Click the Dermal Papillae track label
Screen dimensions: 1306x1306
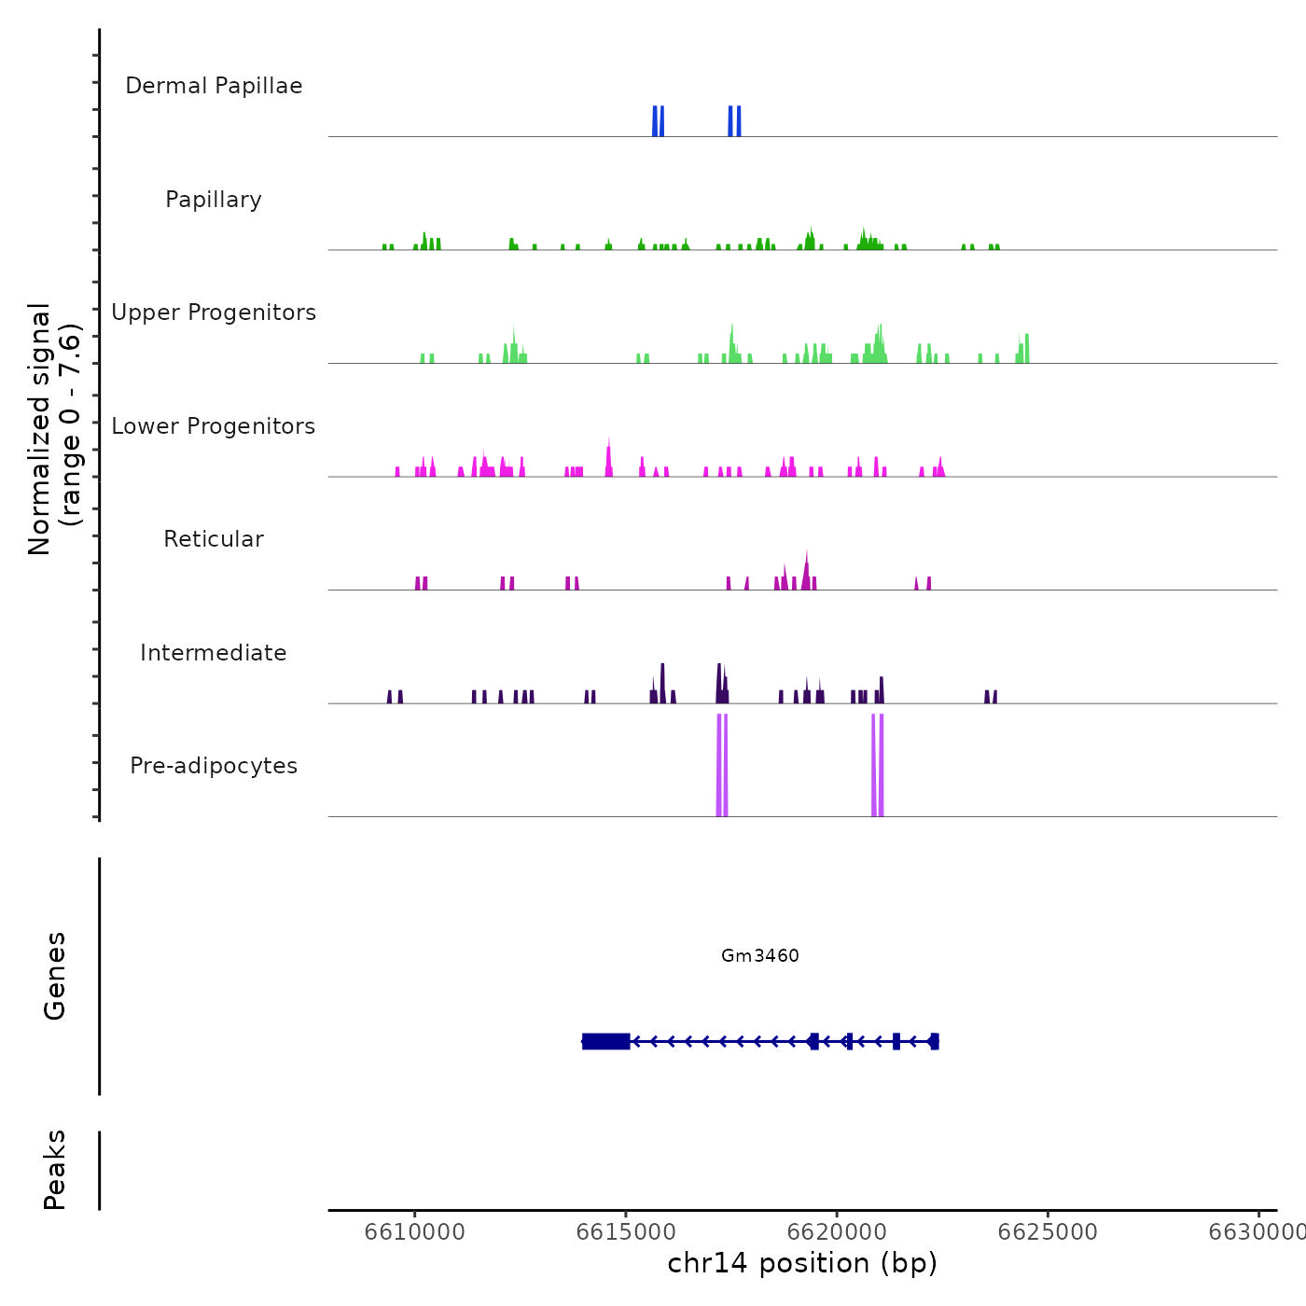pos(214,86)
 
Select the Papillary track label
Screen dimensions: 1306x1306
pos(214,200)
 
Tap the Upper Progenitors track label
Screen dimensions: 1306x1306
pos(214,313)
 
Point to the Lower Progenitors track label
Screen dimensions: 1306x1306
pos(214,426)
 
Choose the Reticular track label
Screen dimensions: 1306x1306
pos(214,539)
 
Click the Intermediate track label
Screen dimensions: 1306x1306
pos(214,653)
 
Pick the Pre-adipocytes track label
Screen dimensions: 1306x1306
pos(214,766)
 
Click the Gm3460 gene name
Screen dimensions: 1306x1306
pos(760,955)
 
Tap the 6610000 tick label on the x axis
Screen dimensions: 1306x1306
pos(415,1232)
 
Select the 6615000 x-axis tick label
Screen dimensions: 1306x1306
pos(626,1232)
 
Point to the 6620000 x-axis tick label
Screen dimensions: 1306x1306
pos(837,1232)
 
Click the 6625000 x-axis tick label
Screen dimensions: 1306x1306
pos(1048,1232)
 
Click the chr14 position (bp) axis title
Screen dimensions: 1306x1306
pos(802,1263)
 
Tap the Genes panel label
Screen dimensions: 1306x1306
pos(55,976)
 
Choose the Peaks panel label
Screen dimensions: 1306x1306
pos(55,1170)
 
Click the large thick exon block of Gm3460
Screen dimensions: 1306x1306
pos(606,1041)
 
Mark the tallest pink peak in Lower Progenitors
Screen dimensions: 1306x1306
pos(609,457)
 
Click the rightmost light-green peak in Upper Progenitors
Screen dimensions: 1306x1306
pos(1025,348)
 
